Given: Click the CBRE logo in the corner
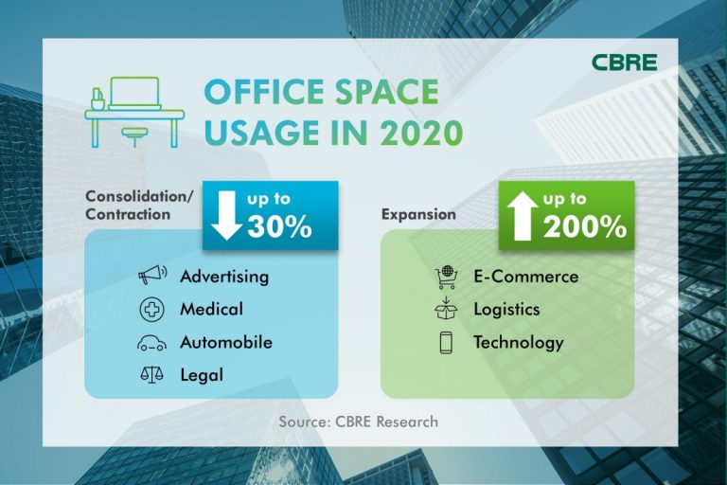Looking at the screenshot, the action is (624, 62).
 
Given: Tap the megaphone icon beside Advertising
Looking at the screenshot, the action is (152, 275).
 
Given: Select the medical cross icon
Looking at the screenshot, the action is (152, 309).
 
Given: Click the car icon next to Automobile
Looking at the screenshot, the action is (152, 343).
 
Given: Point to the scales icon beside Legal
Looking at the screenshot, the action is (152, 374).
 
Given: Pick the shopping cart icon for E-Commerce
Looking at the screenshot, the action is (446, 278).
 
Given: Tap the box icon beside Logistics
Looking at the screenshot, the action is (446, 309).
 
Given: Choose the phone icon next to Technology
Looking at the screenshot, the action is (446, 343).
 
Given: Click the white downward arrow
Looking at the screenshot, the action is (227, 216).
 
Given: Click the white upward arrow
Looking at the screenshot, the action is (523, 216).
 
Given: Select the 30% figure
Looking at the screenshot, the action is (279, 227).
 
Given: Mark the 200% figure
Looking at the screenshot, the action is (585, 227).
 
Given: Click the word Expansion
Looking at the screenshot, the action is (418, 214).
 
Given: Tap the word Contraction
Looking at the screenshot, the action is (128, 214).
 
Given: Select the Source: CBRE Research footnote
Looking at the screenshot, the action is (359, 422).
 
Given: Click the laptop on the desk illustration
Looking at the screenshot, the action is (135, 94).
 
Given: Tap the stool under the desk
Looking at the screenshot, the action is (135, 136).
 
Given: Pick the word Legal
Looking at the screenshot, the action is (202, 375).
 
